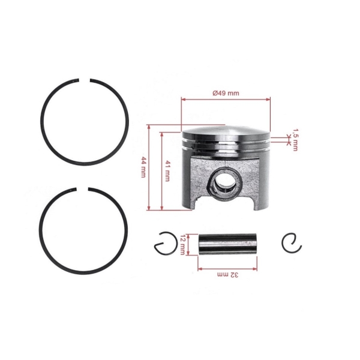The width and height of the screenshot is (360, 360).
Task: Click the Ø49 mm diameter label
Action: pos(226,93)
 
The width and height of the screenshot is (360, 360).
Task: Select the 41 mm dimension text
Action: pos(169,169)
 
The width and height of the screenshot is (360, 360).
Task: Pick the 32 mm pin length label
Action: pos(227,274)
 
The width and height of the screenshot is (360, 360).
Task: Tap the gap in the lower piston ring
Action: pos(85,191)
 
